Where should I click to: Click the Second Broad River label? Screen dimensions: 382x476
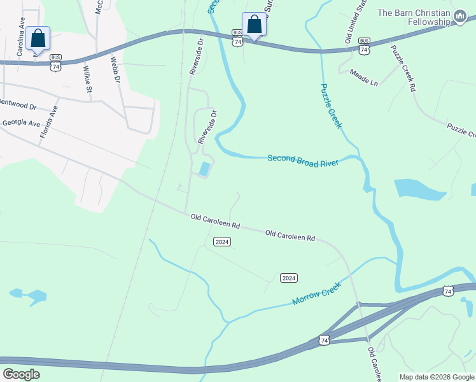tap(302, 160)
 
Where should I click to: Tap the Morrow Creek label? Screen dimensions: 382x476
tap(316, 292)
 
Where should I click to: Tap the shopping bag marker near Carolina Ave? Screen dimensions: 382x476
tap(38, 38)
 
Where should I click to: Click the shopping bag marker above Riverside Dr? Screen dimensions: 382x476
tap(254, 24)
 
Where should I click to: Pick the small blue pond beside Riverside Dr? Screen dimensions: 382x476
tap(204, 169)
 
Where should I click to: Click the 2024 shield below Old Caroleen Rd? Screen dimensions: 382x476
tap(221, 242)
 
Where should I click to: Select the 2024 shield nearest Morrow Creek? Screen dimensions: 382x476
tap(289, 278)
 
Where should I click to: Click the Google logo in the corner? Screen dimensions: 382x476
tap(22, 374)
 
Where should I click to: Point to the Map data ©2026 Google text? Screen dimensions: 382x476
tap(436, 377)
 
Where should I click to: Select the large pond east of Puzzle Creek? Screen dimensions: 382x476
tap(419, 190)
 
